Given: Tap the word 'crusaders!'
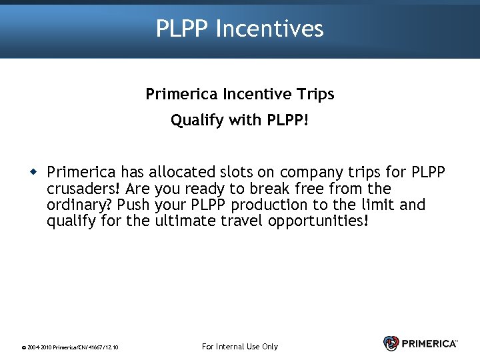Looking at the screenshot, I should [x=83, y=189].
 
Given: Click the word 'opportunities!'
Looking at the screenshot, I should [x=317, y=221].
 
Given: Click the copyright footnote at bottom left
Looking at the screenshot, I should [x=70, y=347].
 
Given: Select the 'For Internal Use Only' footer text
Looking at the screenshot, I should [x=239, y=347].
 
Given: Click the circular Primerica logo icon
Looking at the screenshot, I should [x=391, y=343].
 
